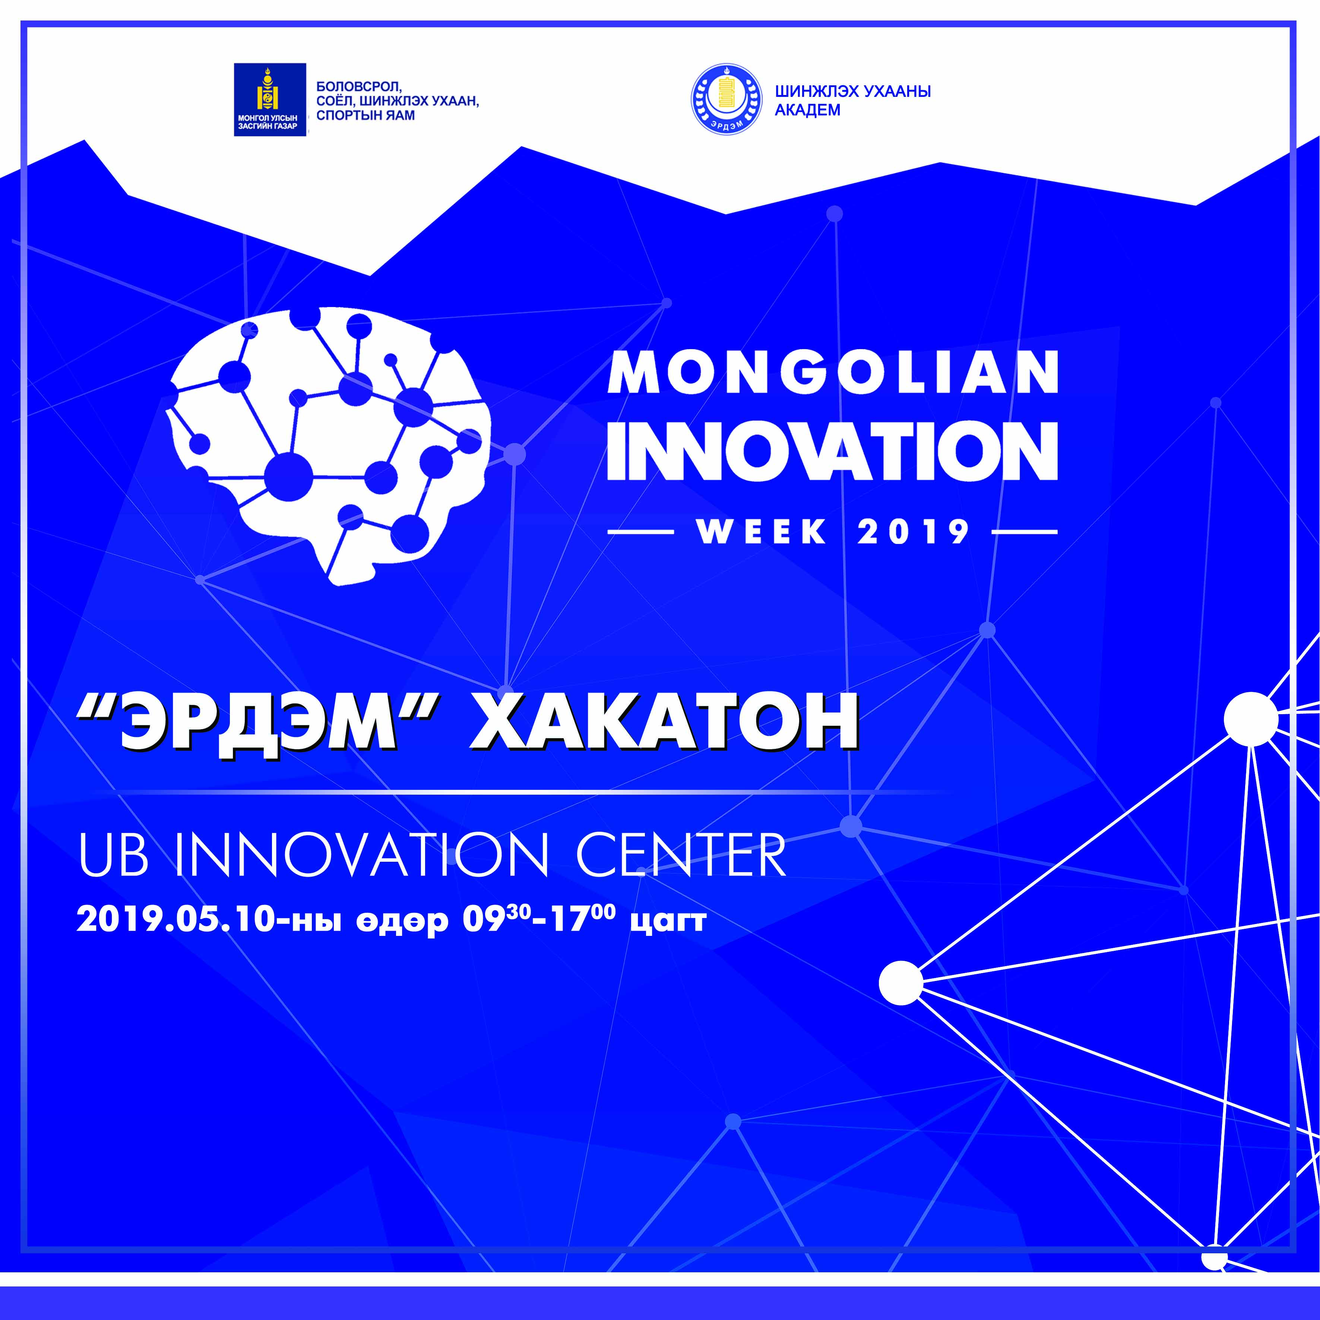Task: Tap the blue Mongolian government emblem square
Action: (x=270, y=100)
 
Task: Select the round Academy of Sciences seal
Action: (x=726, y=100)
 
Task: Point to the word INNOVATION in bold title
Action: (x=832, y=451)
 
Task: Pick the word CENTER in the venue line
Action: (x=681, y=855)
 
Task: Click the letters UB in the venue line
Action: (x=113, y=855)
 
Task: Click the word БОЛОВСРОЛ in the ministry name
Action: (x=359, y=88)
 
